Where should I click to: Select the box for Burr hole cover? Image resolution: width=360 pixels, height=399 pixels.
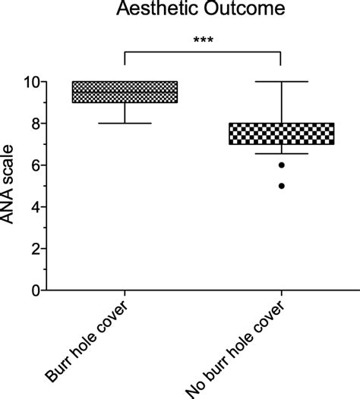tap(124, 92)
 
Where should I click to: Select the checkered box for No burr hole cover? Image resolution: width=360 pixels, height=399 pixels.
tap(282, 134)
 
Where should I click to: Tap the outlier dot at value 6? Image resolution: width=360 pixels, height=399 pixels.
tap(282, 165)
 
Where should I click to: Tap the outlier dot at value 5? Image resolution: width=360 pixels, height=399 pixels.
tap(282, 186)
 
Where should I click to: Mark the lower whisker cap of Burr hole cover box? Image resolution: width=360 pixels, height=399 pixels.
tap(124, 124)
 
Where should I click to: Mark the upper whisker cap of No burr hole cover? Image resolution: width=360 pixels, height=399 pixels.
tap(282, 81)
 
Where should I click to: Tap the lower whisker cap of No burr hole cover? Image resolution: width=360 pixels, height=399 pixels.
tap(282, 153)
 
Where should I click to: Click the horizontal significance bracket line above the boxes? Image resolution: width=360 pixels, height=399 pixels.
tap(202, 52)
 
